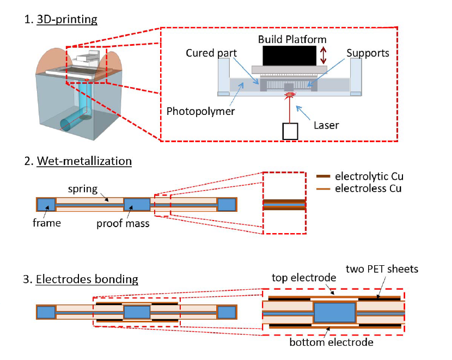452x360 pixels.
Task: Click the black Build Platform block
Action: (x=289, y=56)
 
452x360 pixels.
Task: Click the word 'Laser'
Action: (x=327, y=125)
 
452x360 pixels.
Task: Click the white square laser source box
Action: (x=290, y=131)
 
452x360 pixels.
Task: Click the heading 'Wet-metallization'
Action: (x=84, y=161)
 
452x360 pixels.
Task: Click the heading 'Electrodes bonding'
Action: (x=87, y=280)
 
